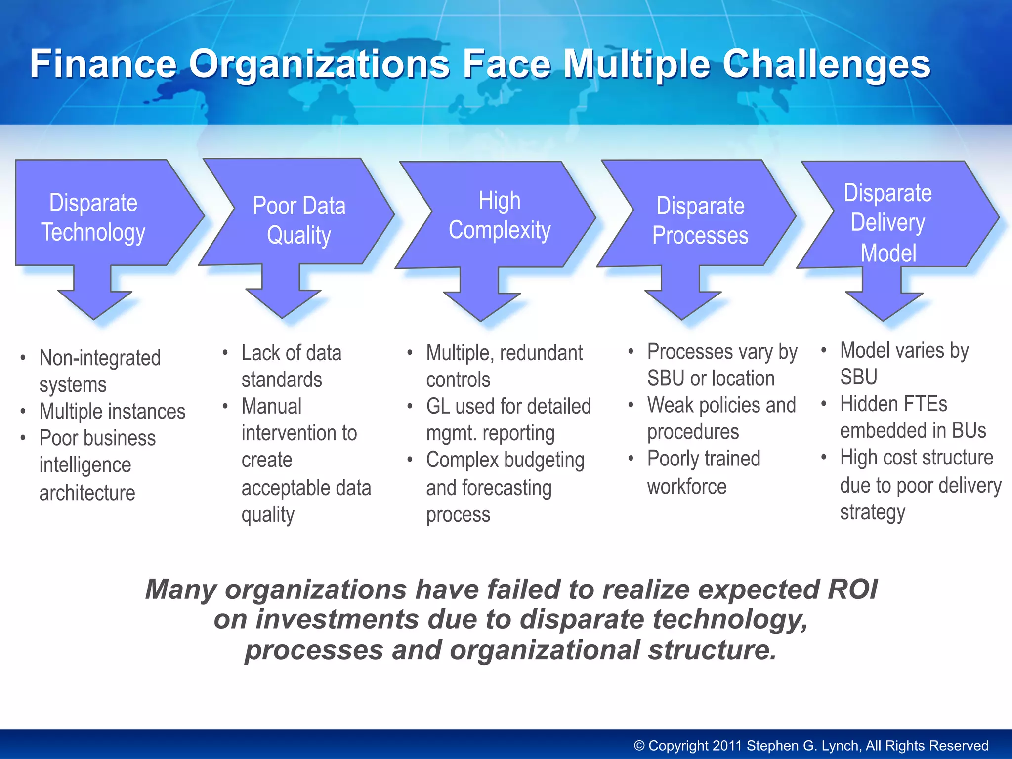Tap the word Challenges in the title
tap(826, 64)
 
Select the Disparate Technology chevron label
tap(93, 217)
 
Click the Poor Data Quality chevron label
tap(299, 220)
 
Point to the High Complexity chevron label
tap(500, 215)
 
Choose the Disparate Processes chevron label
tap(700, 220)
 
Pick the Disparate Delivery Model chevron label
tap(888, 222)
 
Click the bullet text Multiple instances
tap(112, 411)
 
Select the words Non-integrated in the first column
tap(100, 358)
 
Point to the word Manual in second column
tap(271, 407)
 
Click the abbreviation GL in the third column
tap(438, 407)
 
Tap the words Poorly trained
tap(704, 459)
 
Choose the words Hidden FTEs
tap(893, 404)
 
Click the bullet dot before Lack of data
tap(225, 353)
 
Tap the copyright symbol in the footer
tap(639, 745)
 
